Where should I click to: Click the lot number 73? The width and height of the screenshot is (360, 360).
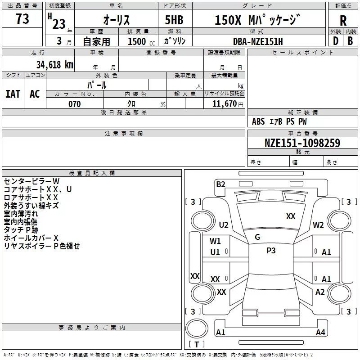click(22, 19)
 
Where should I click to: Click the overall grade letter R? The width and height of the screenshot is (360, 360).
click(343, 21)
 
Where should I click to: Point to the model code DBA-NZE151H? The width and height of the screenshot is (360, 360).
click(258, 41)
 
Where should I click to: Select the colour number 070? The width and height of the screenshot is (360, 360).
click(74, 104)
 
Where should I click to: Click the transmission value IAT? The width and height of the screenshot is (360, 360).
click(13, 94)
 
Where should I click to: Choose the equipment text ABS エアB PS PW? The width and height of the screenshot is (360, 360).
click(279, 121)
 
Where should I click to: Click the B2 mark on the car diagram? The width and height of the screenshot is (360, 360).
click(220, 184)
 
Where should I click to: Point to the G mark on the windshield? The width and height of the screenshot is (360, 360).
click(257, 237)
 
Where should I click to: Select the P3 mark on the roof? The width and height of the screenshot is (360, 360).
click(271, 251)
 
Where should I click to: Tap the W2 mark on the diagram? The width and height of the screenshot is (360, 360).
click(319, 225)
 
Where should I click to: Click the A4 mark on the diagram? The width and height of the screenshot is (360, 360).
click(320, 333)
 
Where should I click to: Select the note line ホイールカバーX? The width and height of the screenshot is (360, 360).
click(31, 238)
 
